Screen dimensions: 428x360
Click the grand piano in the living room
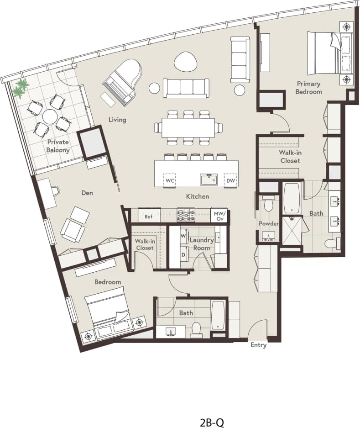122,80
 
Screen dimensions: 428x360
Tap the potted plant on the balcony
20,87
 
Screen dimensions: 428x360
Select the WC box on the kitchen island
170,180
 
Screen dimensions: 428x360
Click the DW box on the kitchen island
230,180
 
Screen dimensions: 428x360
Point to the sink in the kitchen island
209,179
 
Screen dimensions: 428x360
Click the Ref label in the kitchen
148,217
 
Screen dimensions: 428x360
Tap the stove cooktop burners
186,213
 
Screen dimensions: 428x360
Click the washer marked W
183,236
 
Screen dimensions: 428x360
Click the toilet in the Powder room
268,204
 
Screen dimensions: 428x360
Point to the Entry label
258,345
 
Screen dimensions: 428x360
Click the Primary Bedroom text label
309,87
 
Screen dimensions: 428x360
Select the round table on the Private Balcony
48,115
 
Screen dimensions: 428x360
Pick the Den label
87,193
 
